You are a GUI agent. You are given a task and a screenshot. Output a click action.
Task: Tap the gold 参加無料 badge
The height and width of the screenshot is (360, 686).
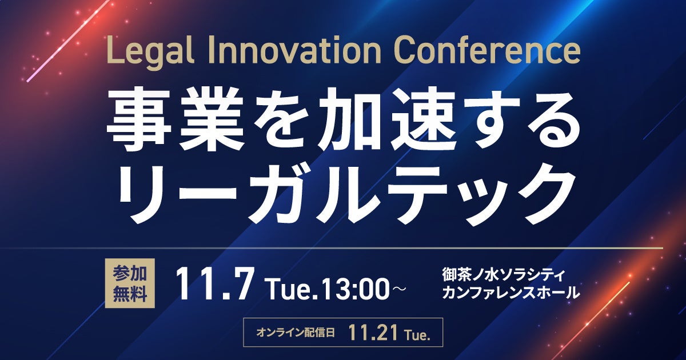tap(130, 283)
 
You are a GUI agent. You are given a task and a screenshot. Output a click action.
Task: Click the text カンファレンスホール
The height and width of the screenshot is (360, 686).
tap(511, 292)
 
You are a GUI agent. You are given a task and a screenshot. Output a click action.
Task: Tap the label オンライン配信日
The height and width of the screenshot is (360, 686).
tap(295, 333)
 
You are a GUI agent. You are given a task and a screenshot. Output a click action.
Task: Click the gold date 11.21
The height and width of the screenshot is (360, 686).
tap(373, 333)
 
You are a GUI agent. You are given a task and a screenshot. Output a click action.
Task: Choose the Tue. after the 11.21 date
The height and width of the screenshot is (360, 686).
tap(418, 335)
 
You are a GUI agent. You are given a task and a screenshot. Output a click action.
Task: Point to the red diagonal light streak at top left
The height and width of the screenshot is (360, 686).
tap(68, 41)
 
